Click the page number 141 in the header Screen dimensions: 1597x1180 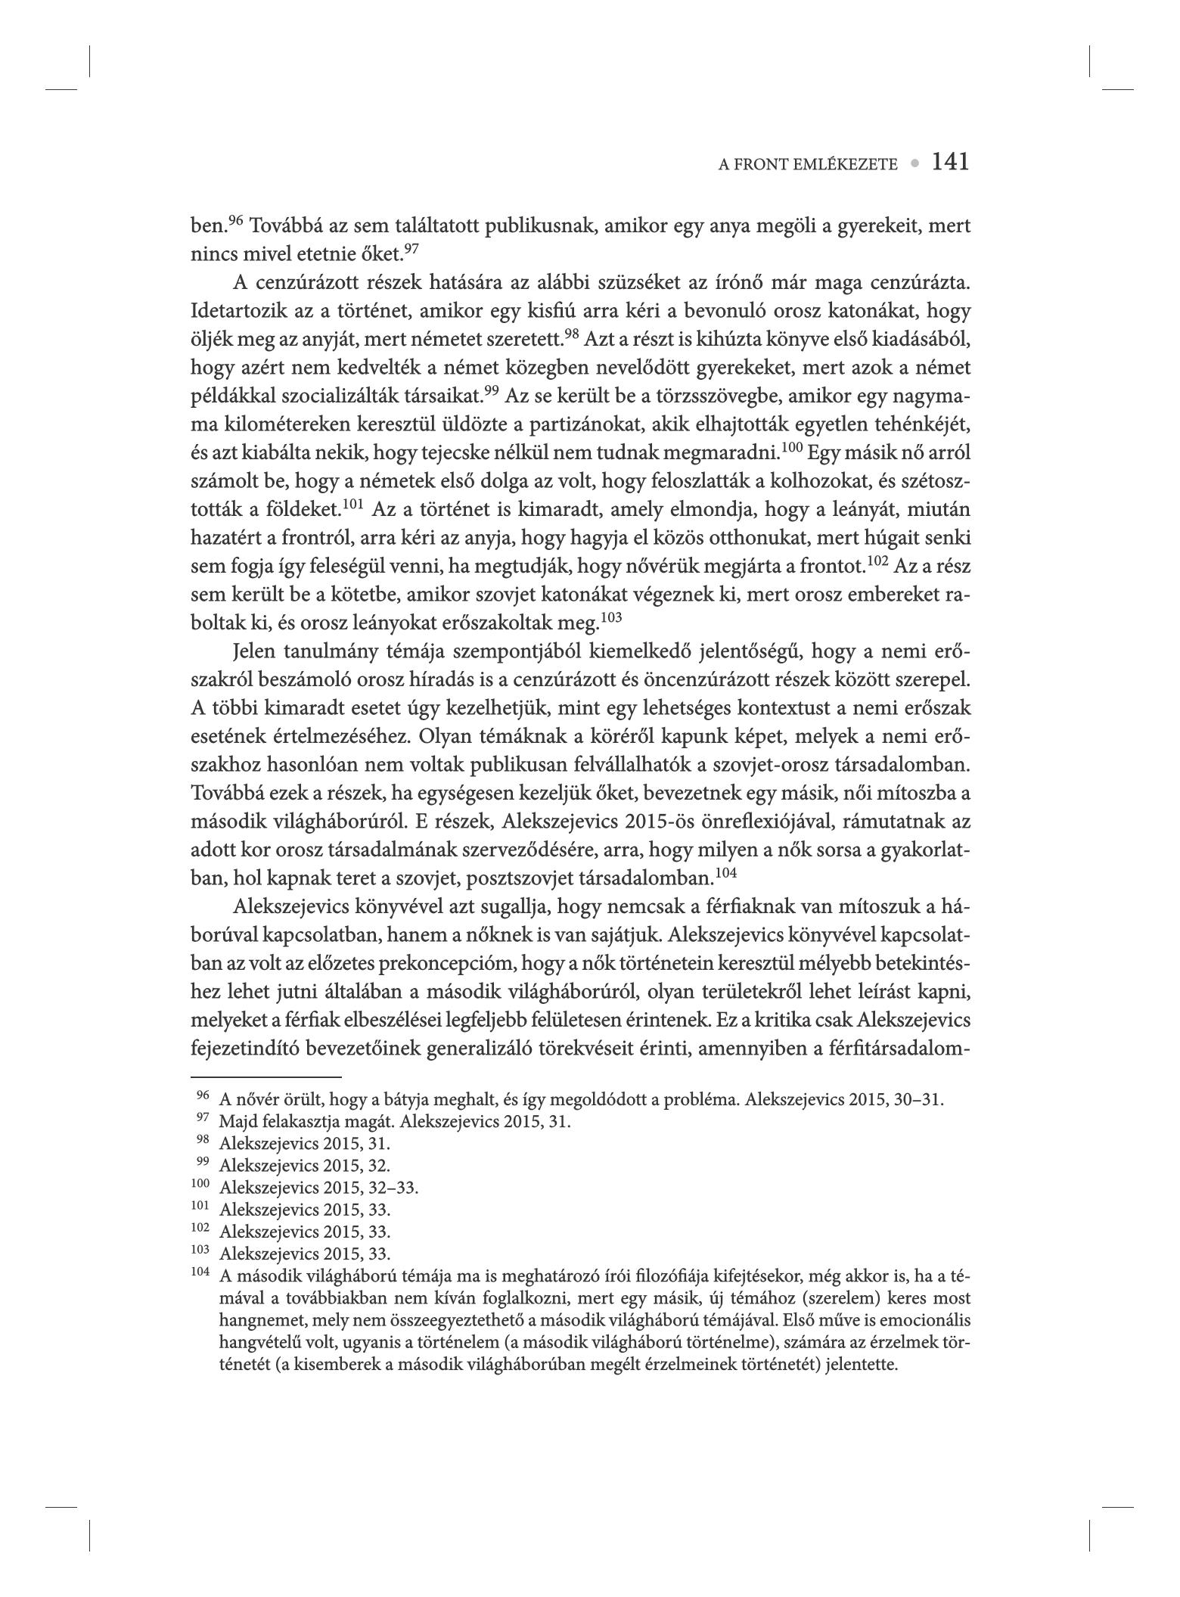pyautogui.click(x=950, y=162)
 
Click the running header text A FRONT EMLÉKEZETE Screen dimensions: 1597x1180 pyautogui.click(x=807, y=164)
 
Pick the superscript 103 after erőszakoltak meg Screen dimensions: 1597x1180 pyautogui.click(x=610, y=618)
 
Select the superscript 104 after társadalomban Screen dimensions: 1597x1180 pyautogui.click(x=725, y=873)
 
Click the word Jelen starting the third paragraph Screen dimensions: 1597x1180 pyautogui.click(x=256, y=651)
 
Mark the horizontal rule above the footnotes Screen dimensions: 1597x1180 pyautogui.click(x=266, y=1077)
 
